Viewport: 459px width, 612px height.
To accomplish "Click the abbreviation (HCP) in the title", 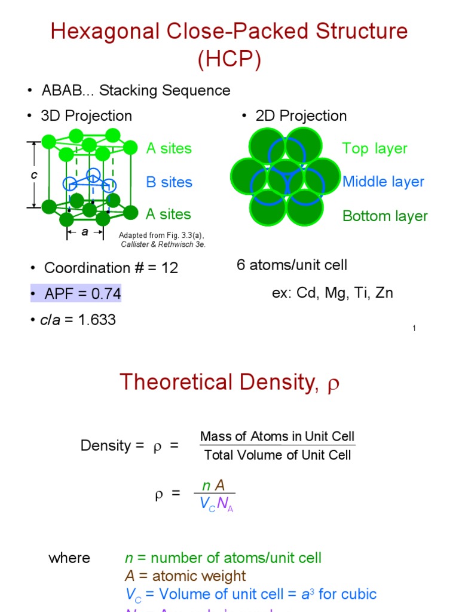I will point(229,60).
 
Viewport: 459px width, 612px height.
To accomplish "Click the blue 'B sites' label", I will point(169,182).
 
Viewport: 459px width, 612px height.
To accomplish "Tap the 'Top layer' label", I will point(375,149).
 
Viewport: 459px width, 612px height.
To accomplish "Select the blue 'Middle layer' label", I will point(383,182).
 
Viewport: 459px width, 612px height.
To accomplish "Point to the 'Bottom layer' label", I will point(385,216).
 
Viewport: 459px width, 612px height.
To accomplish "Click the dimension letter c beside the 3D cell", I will point(34,175).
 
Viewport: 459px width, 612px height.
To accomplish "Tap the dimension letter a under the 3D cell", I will point(85,232).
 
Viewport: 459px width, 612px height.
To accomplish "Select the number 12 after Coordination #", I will point(169,268).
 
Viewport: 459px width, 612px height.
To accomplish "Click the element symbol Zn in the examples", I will point(384,293).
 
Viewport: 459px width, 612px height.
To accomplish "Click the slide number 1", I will point(414,328).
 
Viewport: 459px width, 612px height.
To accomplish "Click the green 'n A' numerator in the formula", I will point(213,486).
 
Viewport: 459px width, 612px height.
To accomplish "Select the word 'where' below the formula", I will point(69,558).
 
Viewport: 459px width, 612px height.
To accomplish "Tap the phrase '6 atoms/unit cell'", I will point(292,265).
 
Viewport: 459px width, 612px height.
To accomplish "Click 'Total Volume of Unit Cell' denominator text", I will point(277,455).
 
